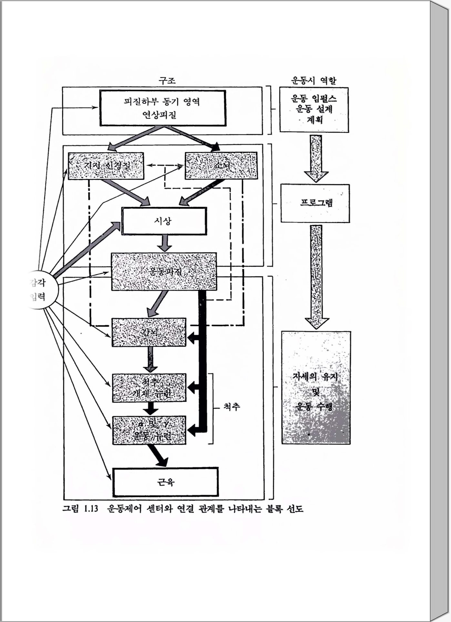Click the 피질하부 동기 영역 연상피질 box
click(x=163, y=108)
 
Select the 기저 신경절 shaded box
click(x=106, y=166)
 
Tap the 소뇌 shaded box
click(x=221, y=166)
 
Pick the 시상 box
click(x=164, y=221)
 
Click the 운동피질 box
click(x=164, y=271)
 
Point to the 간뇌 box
click(x=149, y=332)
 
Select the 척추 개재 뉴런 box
click(x=149, y=388)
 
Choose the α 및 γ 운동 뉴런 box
click(x=149, y=430)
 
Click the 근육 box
click(x=165, y=482)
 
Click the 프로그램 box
click(x=315, y=203)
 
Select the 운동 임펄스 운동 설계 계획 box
click(x=314, y=110)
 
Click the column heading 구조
click(x=167, y=80)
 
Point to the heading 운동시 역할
click(x=314, y=80)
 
